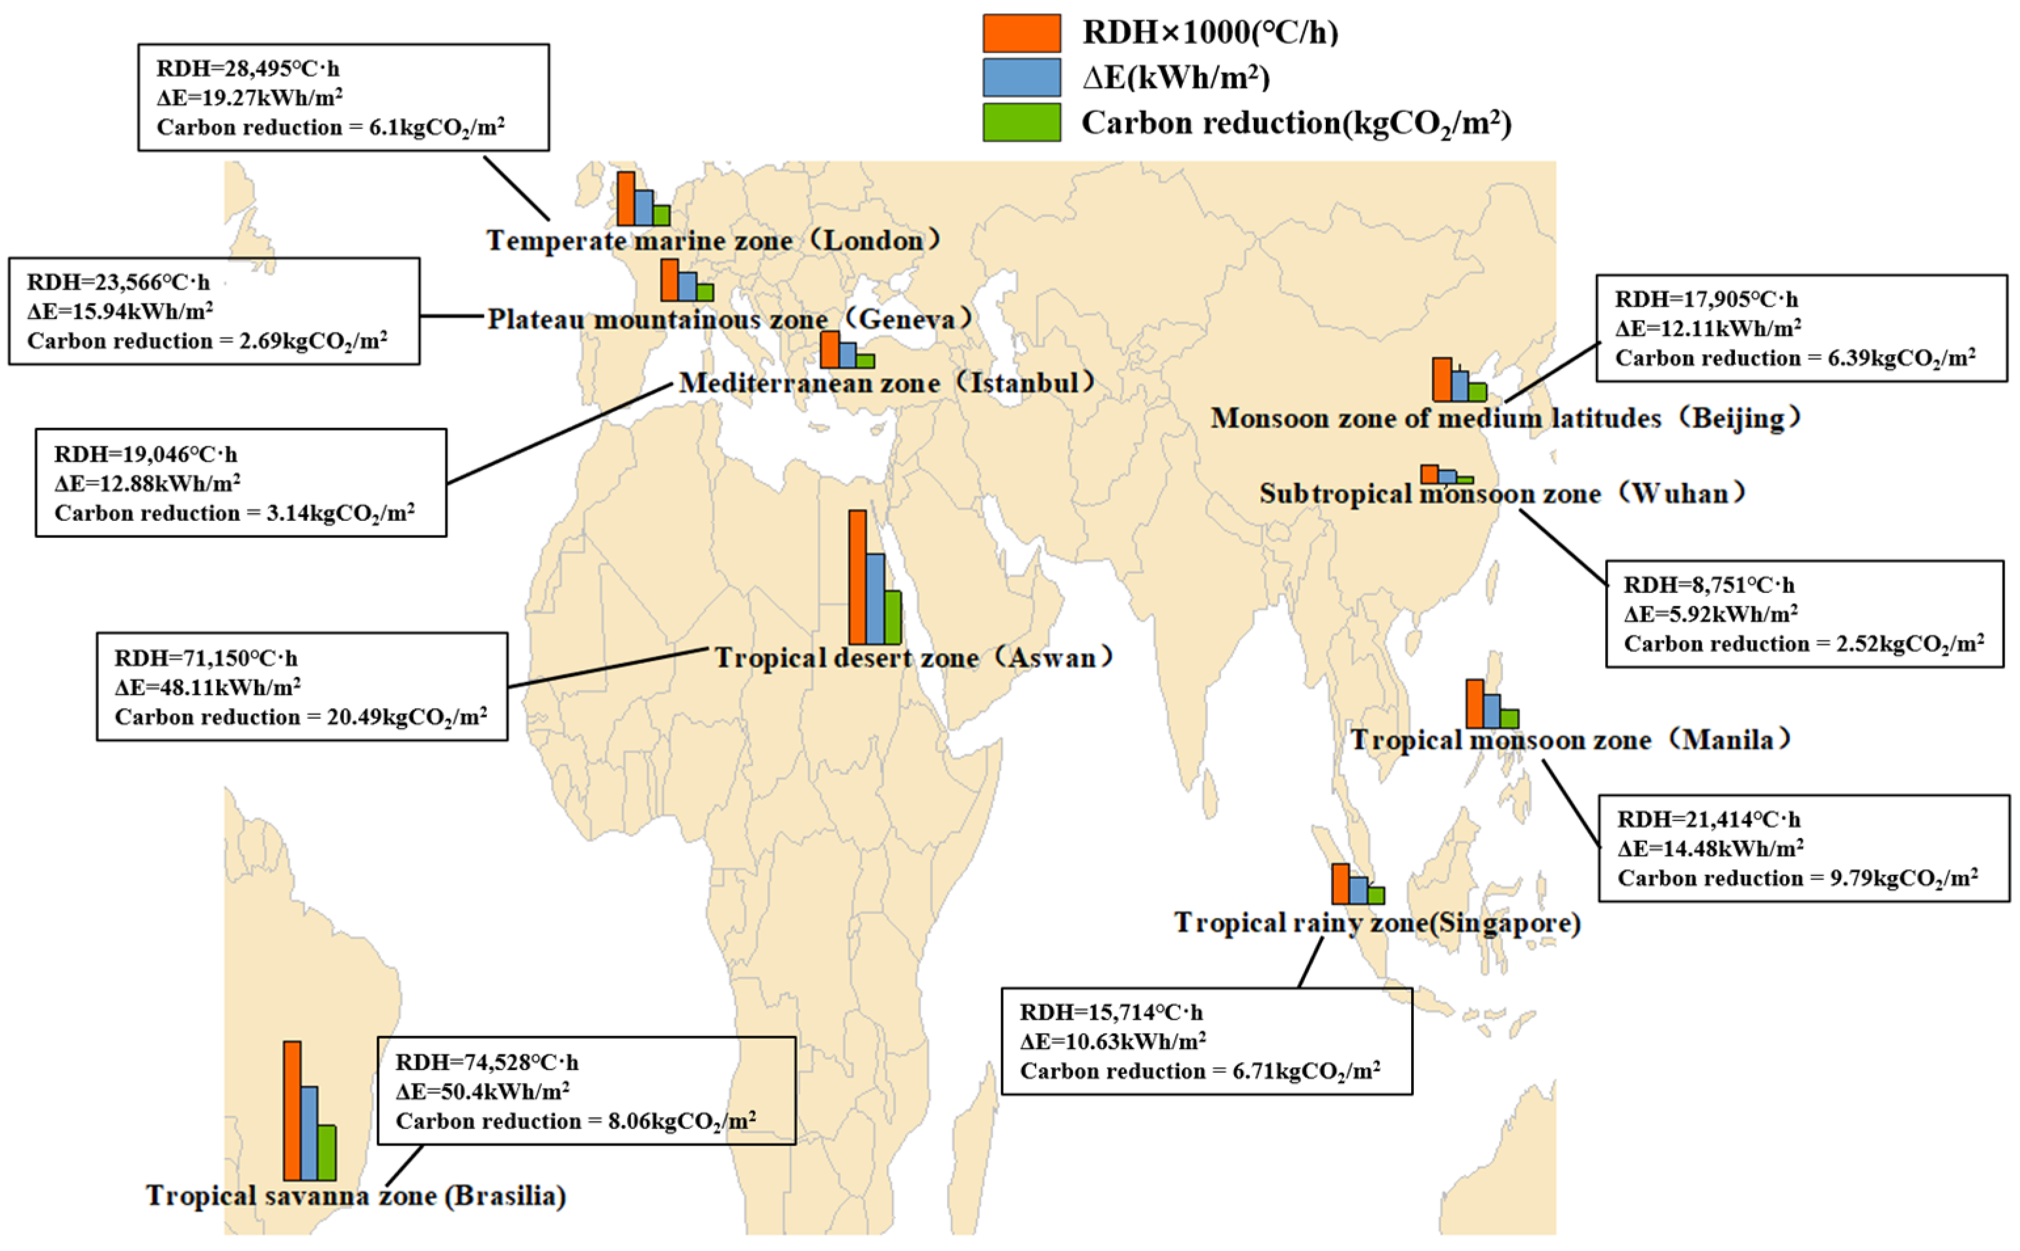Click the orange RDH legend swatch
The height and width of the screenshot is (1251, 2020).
(x=1021, y=33)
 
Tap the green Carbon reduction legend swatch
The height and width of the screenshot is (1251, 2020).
(x=1021, y=123)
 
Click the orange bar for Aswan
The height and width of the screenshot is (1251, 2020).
(x=857, y=577)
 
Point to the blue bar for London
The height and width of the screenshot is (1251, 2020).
(x=644, y=208)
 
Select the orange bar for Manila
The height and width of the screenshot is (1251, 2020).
(x=1475, y=704)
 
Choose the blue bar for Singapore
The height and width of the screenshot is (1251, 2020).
(x=1358, y=891)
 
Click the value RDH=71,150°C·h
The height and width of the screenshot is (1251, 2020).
(x=206, y=659)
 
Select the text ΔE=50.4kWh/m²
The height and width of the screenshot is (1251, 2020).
(x=482, y=1091)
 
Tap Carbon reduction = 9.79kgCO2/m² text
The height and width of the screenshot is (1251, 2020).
(x=1797, y=879)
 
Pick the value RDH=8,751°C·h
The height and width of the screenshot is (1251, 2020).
(x=1709, y=585)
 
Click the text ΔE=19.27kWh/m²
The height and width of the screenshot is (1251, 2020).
(x=250, y=98)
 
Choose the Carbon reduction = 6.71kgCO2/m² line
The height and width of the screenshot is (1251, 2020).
(x=1200, y=1071)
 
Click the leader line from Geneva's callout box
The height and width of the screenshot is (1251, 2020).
(x=452, y=315)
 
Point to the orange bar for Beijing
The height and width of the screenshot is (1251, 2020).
(x=1441, y=379)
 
